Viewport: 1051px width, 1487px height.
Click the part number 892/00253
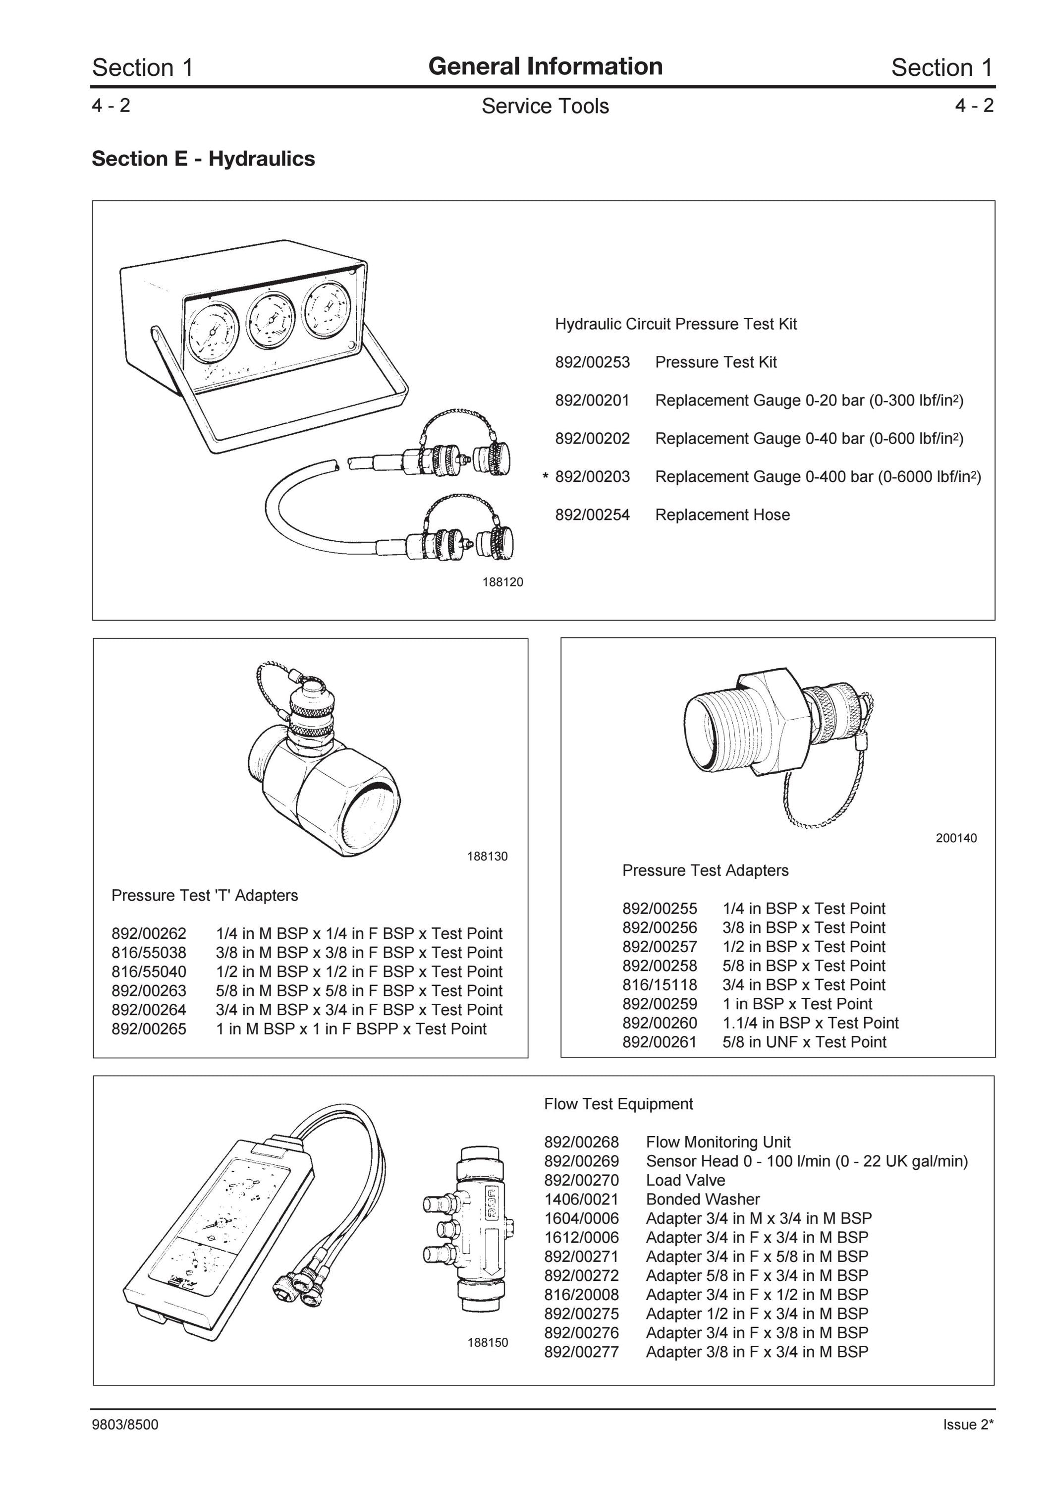coord(592,362)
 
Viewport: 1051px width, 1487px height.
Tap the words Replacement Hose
coord(722,515)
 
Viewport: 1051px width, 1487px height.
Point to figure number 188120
coord(502,582)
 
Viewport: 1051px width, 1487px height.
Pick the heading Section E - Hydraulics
coord(203,159)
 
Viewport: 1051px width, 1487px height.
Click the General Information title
coord(545,66)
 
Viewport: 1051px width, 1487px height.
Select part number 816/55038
coord(149,953)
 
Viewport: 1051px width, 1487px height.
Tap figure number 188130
coord(488,856)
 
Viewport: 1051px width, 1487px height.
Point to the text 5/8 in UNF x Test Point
coord(804,1041)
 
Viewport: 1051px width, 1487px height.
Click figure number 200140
coord(956,838)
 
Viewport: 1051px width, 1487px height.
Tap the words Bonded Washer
coord(703,1199)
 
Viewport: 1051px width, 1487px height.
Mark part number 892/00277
coord(582,1352)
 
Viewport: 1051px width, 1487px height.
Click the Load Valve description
coord(685,1180)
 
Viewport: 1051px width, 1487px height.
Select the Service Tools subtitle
coord(545,106)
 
